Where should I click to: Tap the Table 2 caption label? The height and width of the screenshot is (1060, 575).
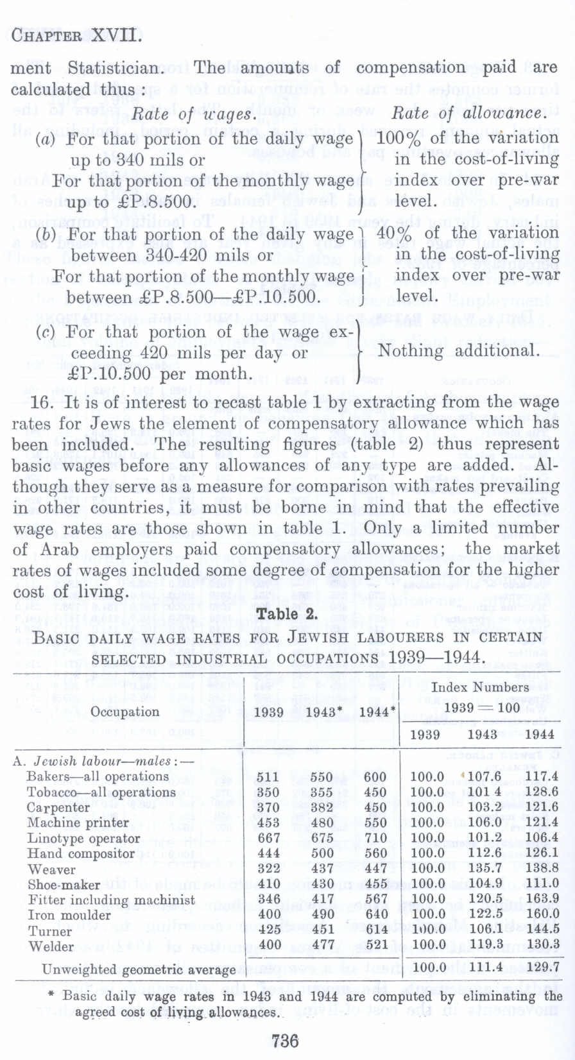pyautogui.click(x=287, y=614)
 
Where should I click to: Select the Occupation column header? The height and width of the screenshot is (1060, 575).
pyautogui.click(x=124, y=712)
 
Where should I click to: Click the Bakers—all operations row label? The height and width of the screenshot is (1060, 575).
pyautogui.click(x=98, y=776)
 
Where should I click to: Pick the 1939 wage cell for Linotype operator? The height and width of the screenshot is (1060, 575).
pyautogui.click(x=268, y=838)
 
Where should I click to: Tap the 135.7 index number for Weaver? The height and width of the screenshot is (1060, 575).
pyautogui.click(x=484, y=869)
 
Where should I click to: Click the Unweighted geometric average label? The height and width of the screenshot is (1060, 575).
pyautogui.click(x=139, y=970)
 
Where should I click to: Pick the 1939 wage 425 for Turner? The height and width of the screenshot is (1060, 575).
pyautogui.click(x=268, y=930)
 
